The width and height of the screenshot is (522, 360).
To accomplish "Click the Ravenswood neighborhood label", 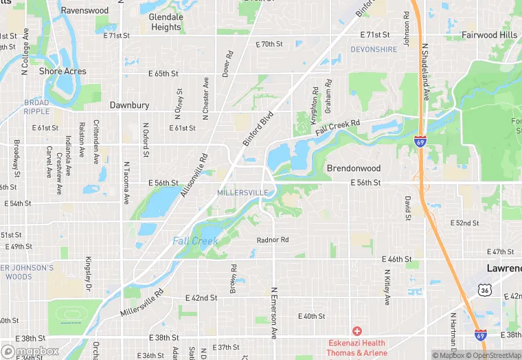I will pos(84,10).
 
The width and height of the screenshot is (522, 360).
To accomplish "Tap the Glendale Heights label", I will pos(166,22).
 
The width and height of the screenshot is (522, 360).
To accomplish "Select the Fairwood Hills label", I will pos(489,35).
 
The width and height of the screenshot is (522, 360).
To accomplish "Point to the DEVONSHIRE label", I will pos(374,49).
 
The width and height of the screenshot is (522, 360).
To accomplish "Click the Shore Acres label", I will pos(63,71).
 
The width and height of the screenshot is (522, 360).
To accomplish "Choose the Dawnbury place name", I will pos(130,106).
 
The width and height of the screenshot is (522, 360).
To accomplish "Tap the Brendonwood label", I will pos(353,168).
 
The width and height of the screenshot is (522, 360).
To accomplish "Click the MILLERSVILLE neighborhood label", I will pos(242,192).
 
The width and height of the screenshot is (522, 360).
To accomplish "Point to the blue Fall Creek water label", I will pos(195,241).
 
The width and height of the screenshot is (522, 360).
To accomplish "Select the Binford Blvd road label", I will pos(258,127).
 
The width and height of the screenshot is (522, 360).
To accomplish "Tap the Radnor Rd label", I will pos(273,240).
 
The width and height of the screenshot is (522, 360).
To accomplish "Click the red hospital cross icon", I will pos(356,332).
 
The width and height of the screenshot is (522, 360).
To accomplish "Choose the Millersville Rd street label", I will pos(142,302).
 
